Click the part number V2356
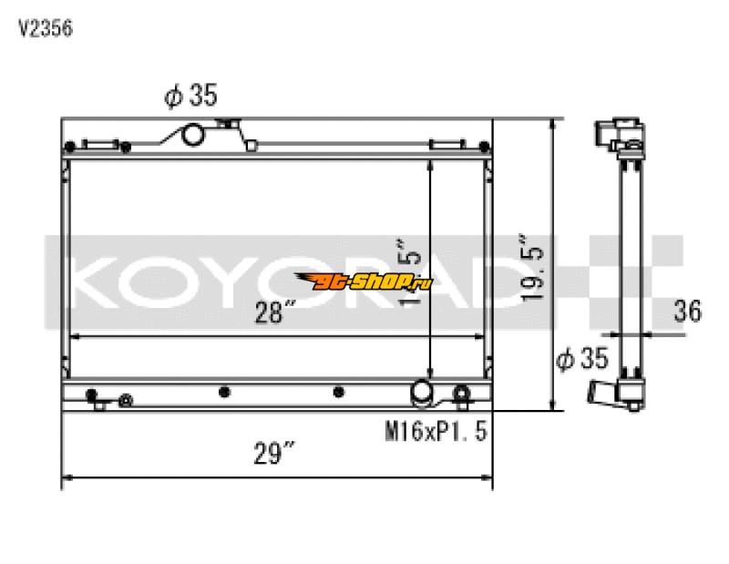pyautogui.click(x=46, y=28)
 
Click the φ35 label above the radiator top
pyautogui.click(x=190, y=96)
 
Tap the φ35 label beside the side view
pyautogui.click(x=581, y=359)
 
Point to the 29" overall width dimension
pyautogui.click(x=277, y=451)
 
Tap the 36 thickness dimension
pyautogui.click(x=688, y=311)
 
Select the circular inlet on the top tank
pyautogui.click(x=194, y=135)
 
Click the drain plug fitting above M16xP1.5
pyautogui.click(x=462, y=394)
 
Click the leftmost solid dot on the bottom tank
pyautogui.click(x=91, y=395)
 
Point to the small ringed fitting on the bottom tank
pyautogui.click(x=126, y=399)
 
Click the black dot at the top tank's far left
pyautogui.click(x=69, y=147)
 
